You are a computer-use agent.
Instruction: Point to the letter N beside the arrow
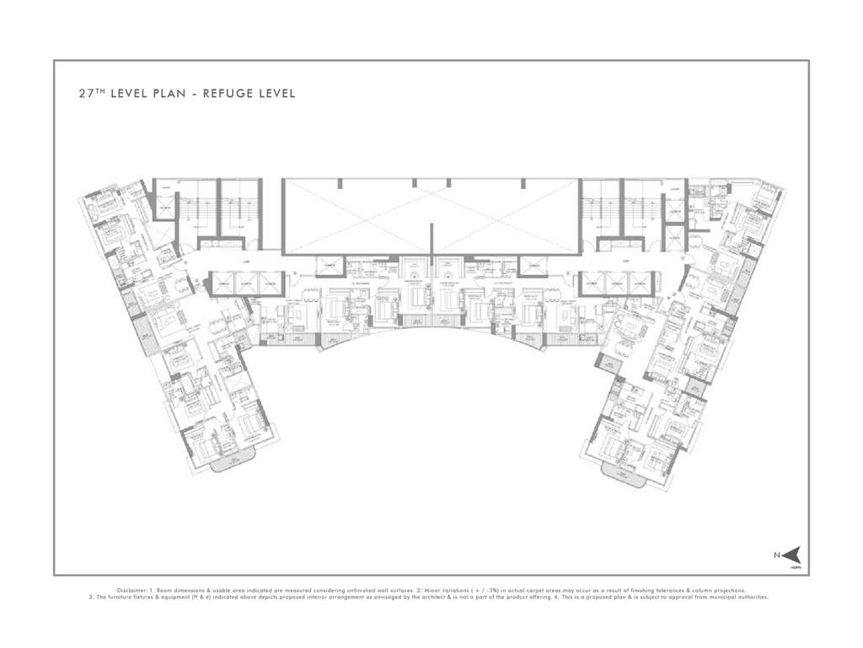coord(777,555)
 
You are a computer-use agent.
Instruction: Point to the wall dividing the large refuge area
coord(431,236)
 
